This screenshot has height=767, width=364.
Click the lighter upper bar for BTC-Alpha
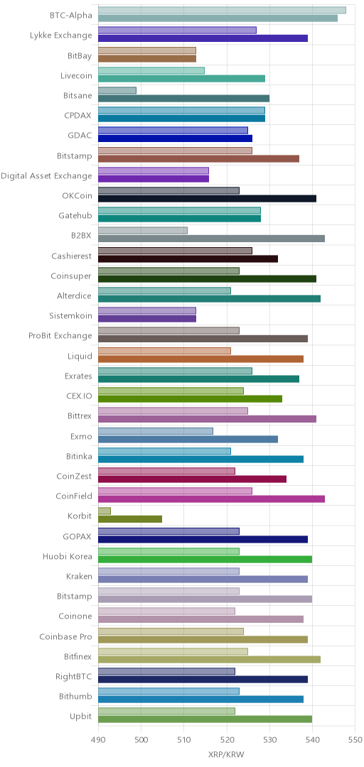[x=222, y=10]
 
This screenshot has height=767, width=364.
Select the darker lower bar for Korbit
[x=130, y=519]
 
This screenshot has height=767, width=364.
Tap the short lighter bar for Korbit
[x=105, y=511]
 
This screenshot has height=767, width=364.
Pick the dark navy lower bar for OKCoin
[x=207, y=199]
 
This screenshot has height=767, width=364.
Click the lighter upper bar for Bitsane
[x=117, y=90]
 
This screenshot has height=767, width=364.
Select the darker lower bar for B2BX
[x=211, y=239]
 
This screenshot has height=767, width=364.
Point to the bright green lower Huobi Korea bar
[x=205, y=559]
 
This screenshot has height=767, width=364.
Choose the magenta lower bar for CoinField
[x=211, y=499]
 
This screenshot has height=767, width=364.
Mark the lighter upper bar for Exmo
[x=156, y=431]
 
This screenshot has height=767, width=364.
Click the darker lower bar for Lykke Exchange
[x=203, y=38]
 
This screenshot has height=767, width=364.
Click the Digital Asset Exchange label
[x=46, y=175]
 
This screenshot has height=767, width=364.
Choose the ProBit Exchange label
[x=60, y=335]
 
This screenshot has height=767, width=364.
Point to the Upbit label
[x=81, y=717]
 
